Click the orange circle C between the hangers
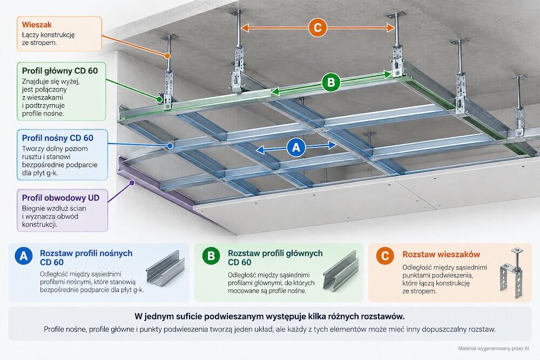pyautogui.click(x=318, y=28)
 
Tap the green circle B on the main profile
pyautogui.click(x=330, y=82)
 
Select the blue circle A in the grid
pyautogui.click(x=296, y=147)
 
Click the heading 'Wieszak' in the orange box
pyautogui.click(x=37, y=25)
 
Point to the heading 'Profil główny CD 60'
pyautogui.click(x=60, y=71)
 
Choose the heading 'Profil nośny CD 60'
pyautogui.click(x=58, y=138)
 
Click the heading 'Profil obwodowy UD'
pyautogui.click(x=60, y=198)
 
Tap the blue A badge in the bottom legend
pyautogui.click(x=24, y=256)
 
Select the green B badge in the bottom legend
pyautogui.click(x=211, y=256)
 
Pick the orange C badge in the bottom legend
pyautogui.click(x=385, y=256)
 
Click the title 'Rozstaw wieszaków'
pyautogui.click(x=441, y=254)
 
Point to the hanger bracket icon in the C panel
pyautogui.click(x=512, y=272)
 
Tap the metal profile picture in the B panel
pyautogui.click(x=341, y=271)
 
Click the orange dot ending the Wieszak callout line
pyautogui.click(x=167, y=56)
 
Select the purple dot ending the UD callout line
pyautogui.click(x=132, y=183)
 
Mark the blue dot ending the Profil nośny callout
pyautogui.click(x=170, y=146)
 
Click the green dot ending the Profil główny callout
pyautogui.click(x=159, y=99)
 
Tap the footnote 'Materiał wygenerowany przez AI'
pyautogui.click(x=494, y=349)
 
